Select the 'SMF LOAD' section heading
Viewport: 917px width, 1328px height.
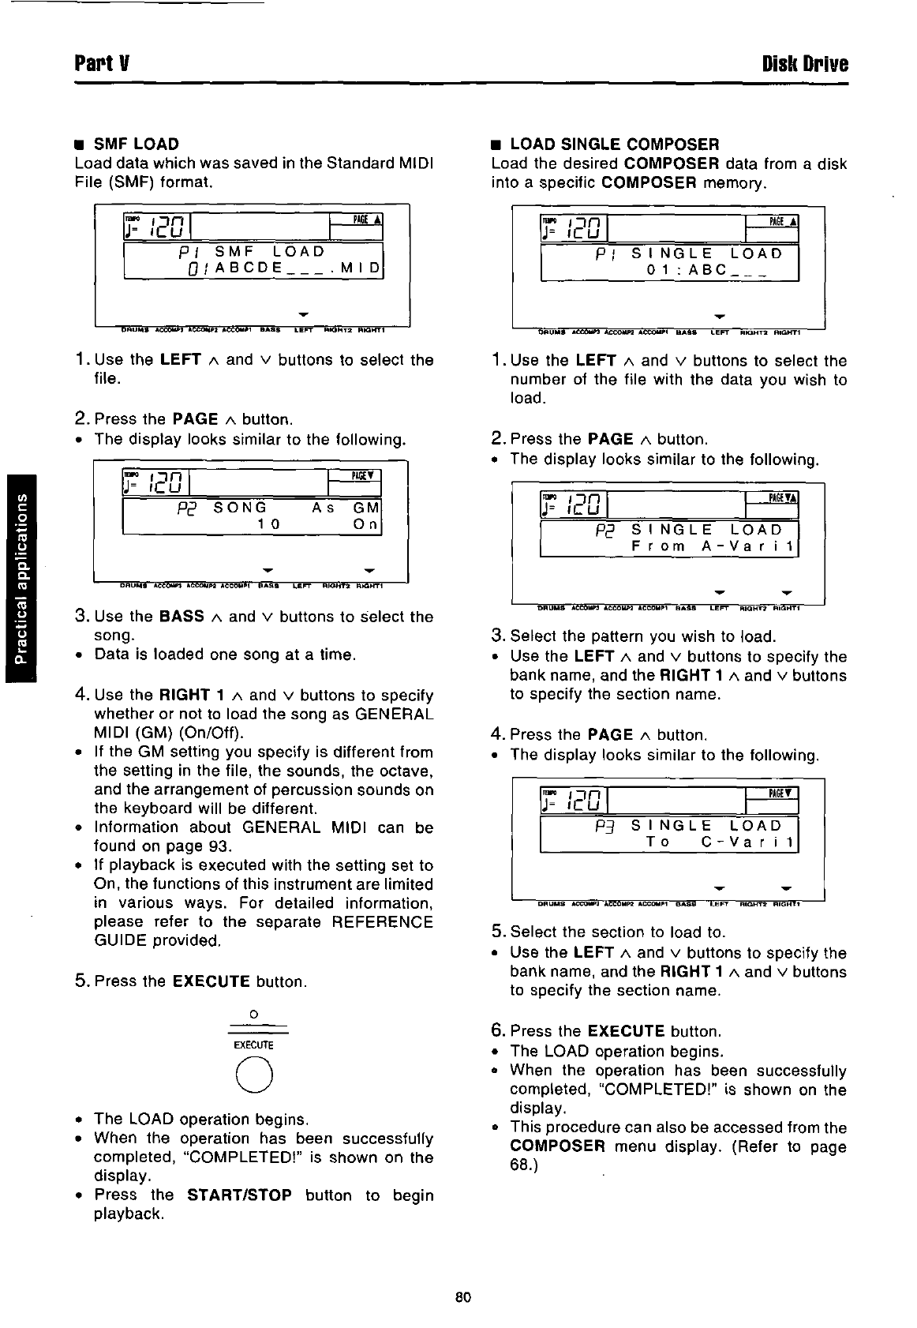(136, 144)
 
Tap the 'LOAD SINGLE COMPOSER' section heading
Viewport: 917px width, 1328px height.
(614, 144)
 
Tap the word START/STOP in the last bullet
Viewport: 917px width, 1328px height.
(240, 1195)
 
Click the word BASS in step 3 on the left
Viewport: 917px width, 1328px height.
(182, 616)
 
